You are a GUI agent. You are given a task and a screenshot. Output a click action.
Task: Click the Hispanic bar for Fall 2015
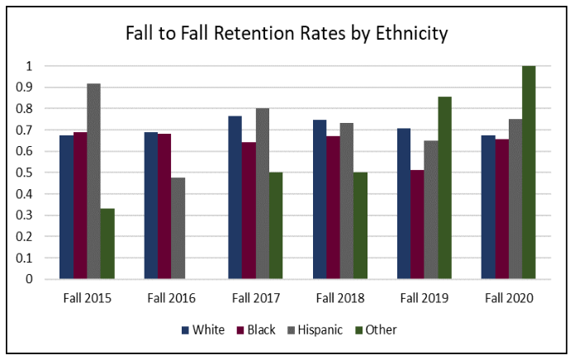[93, 181]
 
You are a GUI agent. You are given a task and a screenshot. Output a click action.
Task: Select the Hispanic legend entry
[314, 330]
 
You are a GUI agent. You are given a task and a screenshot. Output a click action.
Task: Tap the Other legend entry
[377, 330]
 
